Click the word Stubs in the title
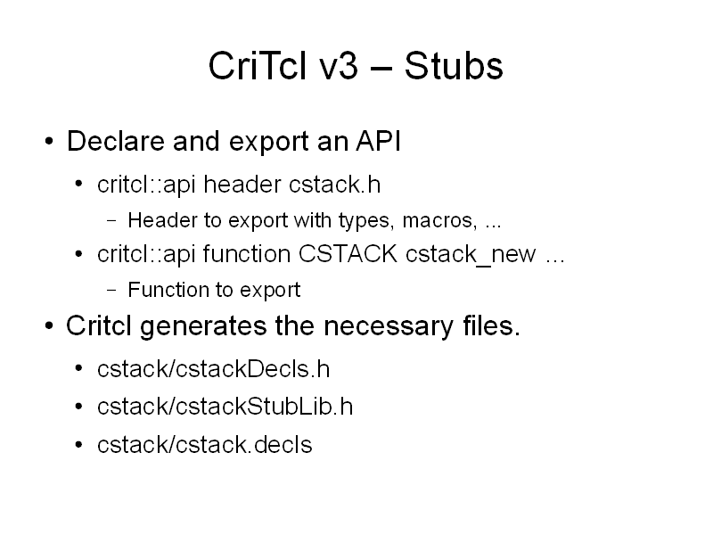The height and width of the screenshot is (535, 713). pos(454,66)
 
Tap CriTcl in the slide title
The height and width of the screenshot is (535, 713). pos(258,66)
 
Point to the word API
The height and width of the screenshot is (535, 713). pos(378,141)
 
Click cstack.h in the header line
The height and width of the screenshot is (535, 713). pos(334,185)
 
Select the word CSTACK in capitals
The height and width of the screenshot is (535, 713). pos(348,254)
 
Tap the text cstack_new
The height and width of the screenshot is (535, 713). pos(471,256)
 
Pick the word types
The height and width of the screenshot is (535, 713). pos(367,221)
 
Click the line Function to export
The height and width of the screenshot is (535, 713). pos(214,291)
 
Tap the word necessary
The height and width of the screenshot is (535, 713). pos(389,327)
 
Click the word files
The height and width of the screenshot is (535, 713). pos(492,325)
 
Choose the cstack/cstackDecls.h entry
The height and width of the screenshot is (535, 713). pos(213,369)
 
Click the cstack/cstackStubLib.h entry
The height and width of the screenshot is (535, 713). pos(225,407)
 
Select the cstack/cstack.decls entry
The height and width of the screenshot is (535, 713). pos(205,444)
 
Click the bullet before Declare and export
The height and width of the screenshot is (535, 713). pos(49,141)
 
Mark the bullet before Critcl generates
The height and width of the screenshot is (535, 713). pos(49,326)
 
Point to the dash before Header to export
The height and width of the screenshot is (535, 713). pos(112,221)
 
